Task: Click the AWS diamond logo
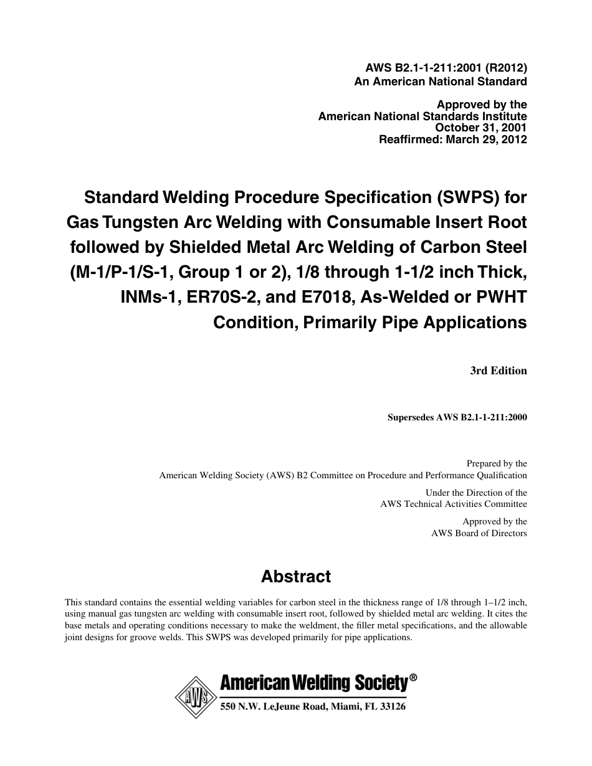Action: [193, 696]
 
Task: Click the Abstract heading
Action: [296, 577]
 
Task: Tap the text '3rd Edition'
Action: [499, 371]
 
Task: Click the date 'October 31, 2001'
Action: [481, 128]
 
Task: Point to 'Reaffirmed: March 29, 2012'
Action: [453, 140]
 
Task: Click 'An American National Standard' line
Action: [441, 82]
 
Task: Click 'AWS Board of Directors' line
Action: [479, 533]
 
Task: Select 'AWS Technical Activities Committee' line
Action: [454, 504]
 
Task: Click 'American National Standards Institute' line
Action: [423, 116]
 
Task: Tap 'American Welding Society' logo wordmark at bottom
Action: [313, 684]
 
